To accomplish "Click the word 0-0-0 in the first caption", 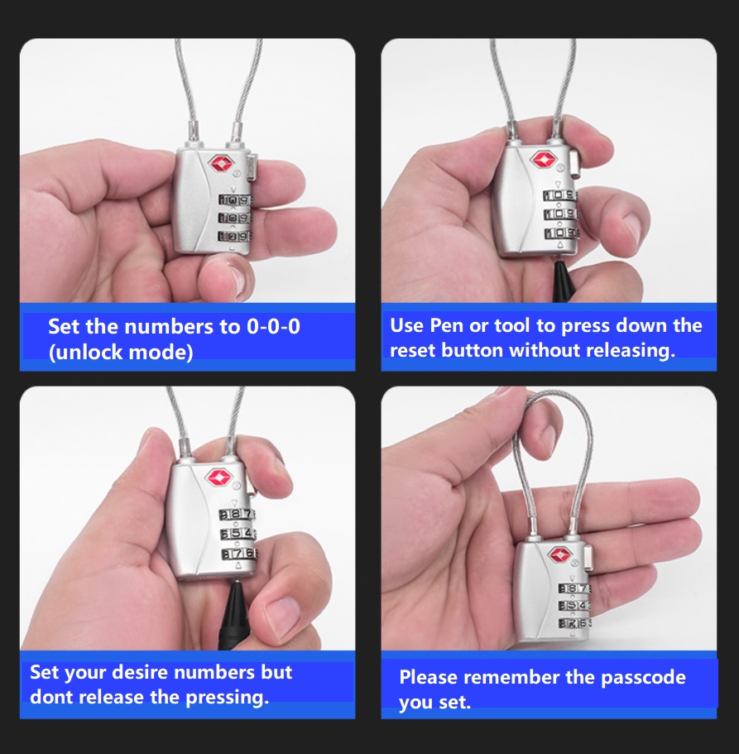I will click(x=274, y=326).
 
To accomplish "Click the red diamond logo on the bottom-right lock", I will click(x=559, y=555).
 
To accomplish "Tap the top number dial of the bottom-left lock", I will click(x=238, y=514).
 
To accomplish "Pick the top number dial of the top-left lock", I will click(x=235, y=200).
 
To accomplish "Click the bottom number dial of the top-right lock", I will click(x=560, y=234).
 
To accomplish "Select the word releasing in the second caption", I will click(x=630, y=350).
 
